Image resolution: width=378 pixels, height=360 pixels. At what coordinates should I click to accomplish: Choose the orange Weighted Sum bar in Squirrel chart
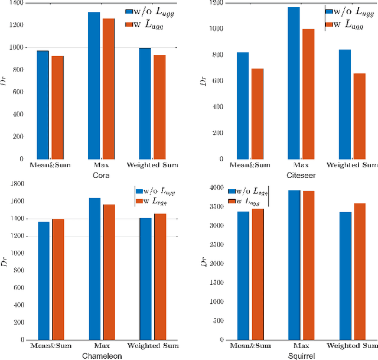[359, 272]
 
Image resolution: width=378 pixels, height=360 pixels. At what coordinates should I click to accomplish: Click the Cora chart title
[100, 176]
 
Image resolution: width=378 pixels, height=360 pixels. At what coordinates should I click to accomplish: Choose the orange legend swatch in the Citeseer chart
[328, 24]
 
